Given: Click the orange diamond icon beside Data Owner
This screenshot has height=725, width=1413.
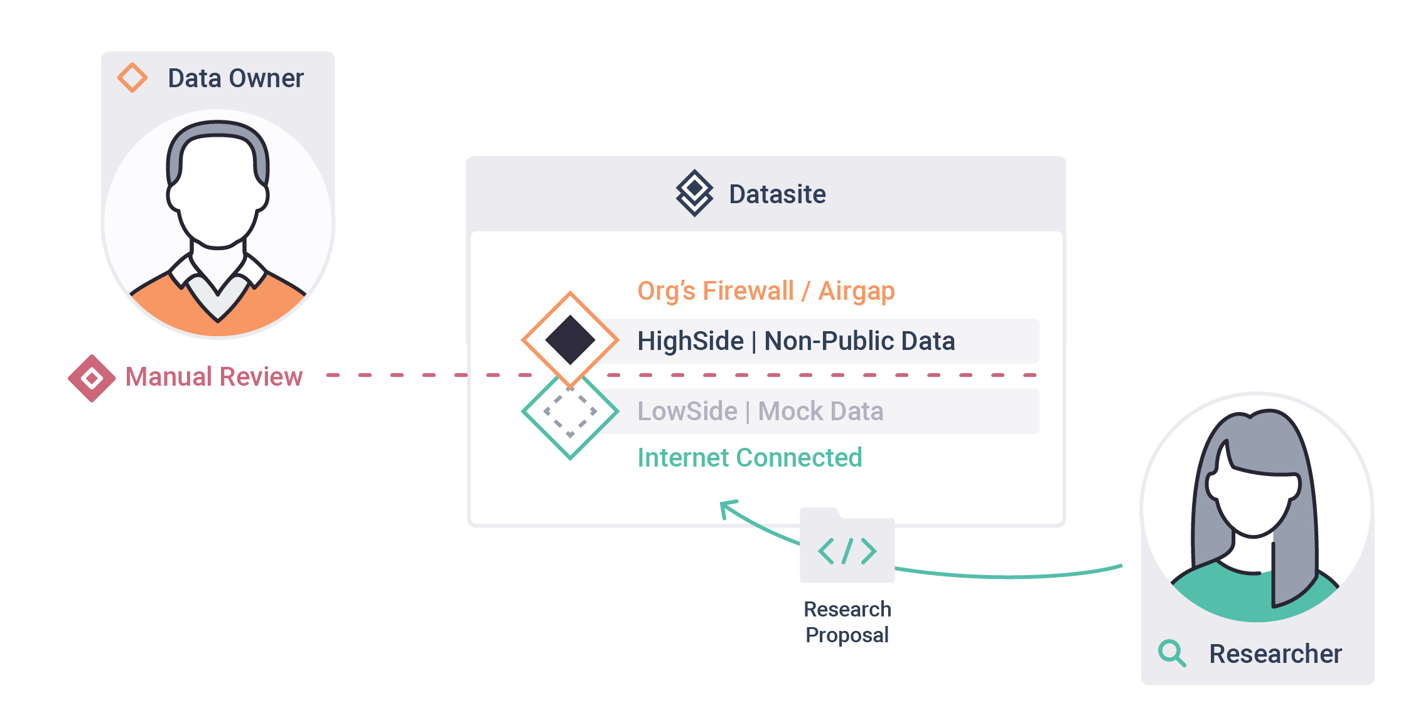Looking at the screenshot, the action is tap(132, 78).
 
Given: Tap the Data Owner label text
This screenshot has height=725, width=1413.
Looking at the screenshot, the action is tap(235, 78).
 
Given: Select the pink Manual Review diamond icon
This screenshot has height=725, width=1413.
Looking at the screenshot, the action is tap(92, 378).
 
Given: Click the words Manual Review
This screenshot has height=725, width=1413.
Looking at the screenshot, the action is tap(214, 377).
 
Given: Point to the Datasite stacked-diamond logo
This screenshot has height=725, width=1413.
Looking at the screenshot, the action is tap(694, 193).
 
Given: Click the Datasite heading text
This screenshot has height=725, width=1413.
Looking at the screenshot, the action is tap(777, 194).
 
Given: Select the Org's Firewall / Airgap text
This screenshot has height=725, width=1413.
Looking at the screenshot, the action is tap(766, 292).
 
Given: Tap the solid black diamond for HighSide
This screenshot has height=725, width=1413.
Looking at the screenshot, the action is tap(570, 340).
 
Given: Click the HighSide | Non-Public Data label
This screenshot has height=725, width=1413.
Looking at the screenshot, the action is tap(796, 341).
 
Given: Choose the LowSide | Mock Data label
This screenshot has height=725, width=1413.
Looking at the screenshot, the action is tap(760, 411).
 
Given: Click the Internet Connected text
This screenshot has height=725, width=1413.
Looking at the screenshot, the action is tap(749, 458).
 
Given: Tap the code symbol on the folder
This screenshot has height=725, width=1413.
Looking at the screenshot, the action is tap(847, 551).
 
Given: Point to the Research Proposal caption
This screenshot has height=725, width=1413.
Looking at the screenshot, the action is tap(847, 622).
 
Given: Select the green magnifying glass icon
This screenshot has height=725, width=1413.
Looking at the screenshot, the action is tap(1172, 653).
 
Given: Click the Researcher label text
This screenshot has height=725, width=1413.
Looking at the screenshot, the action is tap(1276, 654).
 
